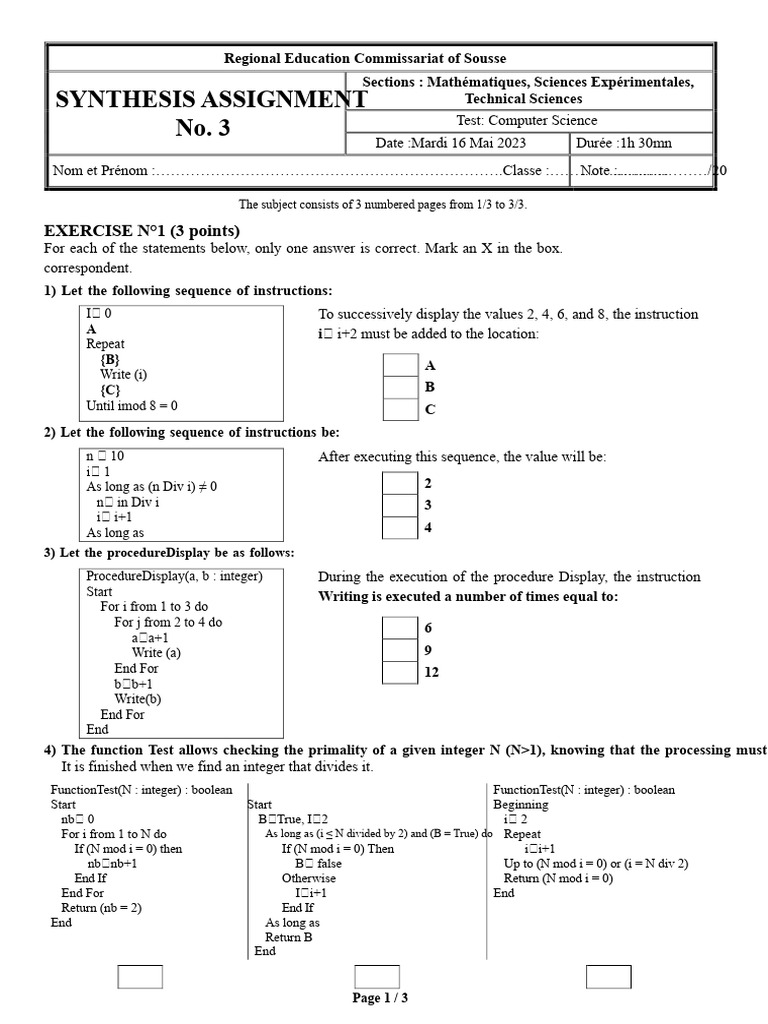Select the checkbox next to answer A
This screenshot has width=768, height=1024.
[400, 366]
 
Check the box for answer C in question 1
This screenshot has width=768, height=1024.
[400, 409]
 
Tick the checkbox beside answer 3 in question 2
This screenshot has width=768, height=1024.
[400, 505]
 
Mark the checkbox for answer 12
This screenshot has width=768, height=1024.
[400, 672]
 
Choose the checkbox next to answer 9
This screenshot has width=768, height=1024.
[400, 650]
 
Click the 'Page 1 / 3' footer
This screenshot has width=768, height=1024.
[380, 998]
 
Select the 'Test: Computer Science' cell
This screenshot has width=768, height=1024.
[528, 121]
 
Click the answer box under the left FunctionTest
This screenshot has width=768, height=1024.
[140, 977]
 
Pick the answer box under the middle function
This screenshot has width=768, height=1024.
[377, 977]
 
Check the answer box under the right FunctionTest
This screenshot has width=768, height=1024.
[609, 977]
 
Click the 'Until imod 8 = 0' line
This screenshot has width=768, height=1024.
[138, 405]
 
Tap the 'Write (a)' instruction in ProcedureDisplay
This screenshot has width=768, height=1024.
[156, 653]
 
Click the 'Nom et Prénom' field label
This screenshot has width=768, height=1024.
[101, 171]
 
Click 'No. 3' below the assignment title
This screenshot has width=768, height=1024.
[203, 128]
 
